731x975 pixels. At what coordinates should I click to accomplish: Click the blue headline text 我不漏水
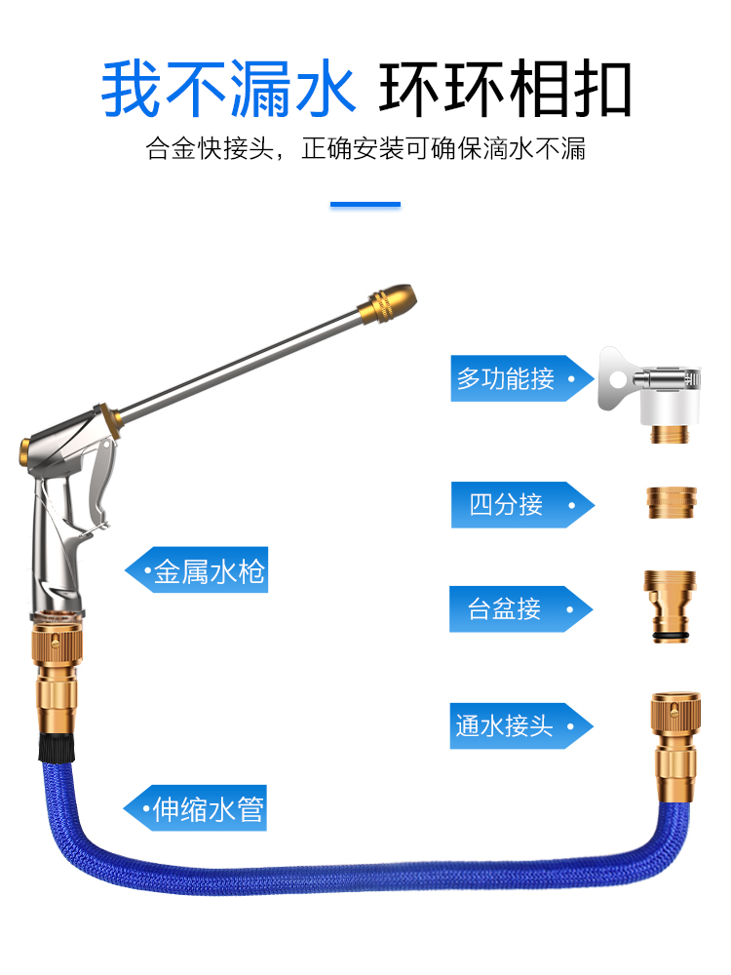(228, 90)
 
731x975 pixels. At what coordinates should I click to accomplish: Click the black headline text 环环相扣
(505, 90)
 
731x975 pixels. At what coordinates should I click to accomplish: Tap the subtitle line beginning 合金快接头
(365, 150)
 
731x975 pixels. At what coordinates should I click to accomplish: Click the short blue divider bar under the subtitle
(365, 205)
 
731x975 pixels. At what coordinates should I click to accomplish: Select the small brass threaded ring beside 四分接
(668, 503)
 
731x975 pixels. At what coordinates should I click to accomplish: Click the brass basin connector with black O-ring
(669, 605)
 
